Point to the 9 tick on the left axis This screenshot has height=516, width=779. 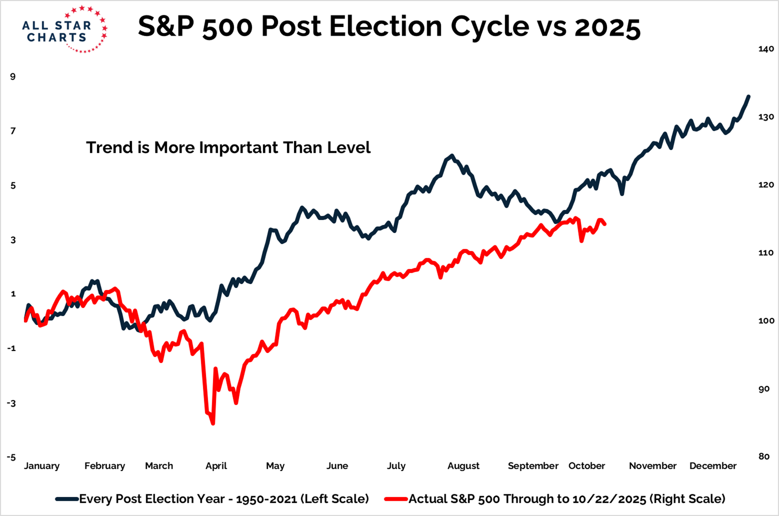click(13, 77)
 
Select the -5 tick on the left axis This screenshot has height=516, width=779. click(11, 458)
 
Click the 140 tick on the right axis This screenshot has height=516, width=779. click(766, 49)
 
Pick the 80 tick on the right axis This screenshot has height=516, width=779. click(764, 456)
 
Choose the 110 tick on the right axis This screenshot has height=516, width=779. click(766, 253)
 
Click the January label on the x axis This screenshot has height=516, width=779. click(42, 466)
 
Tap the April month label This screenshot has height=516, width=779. click(216, 466)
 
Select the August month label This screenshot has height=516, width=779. click(463, 466)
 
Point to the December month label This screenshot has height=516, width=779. click(713, 466)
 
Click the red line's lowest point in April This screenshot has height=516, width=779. click(213, 423)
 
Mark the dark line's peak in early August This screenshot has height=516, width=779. click(452, 155)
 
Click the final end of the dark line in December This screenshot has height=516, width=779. click(749, 96)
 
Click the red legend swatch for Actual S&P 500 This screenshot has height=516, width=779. click(396, 499)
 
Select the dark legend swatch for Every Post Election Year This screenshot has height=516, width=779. click(67, 499)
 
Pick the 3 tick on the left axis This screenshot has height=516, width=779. click(13, 240)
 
